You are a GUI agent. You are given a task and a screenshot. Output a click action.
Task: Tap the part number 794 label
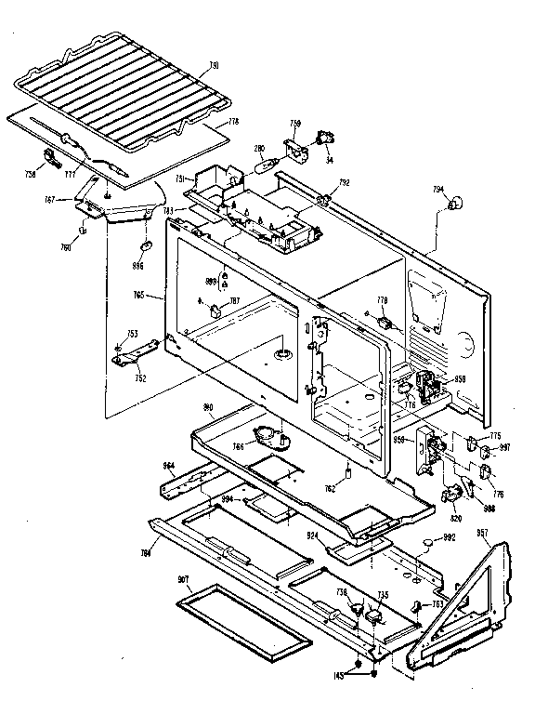(437, 190)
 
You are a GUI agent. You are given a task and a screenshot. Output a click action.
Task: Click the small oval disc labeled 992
(426, 539)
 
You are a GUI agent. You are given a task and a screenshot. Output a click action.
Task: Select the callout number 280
(260, 147)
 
